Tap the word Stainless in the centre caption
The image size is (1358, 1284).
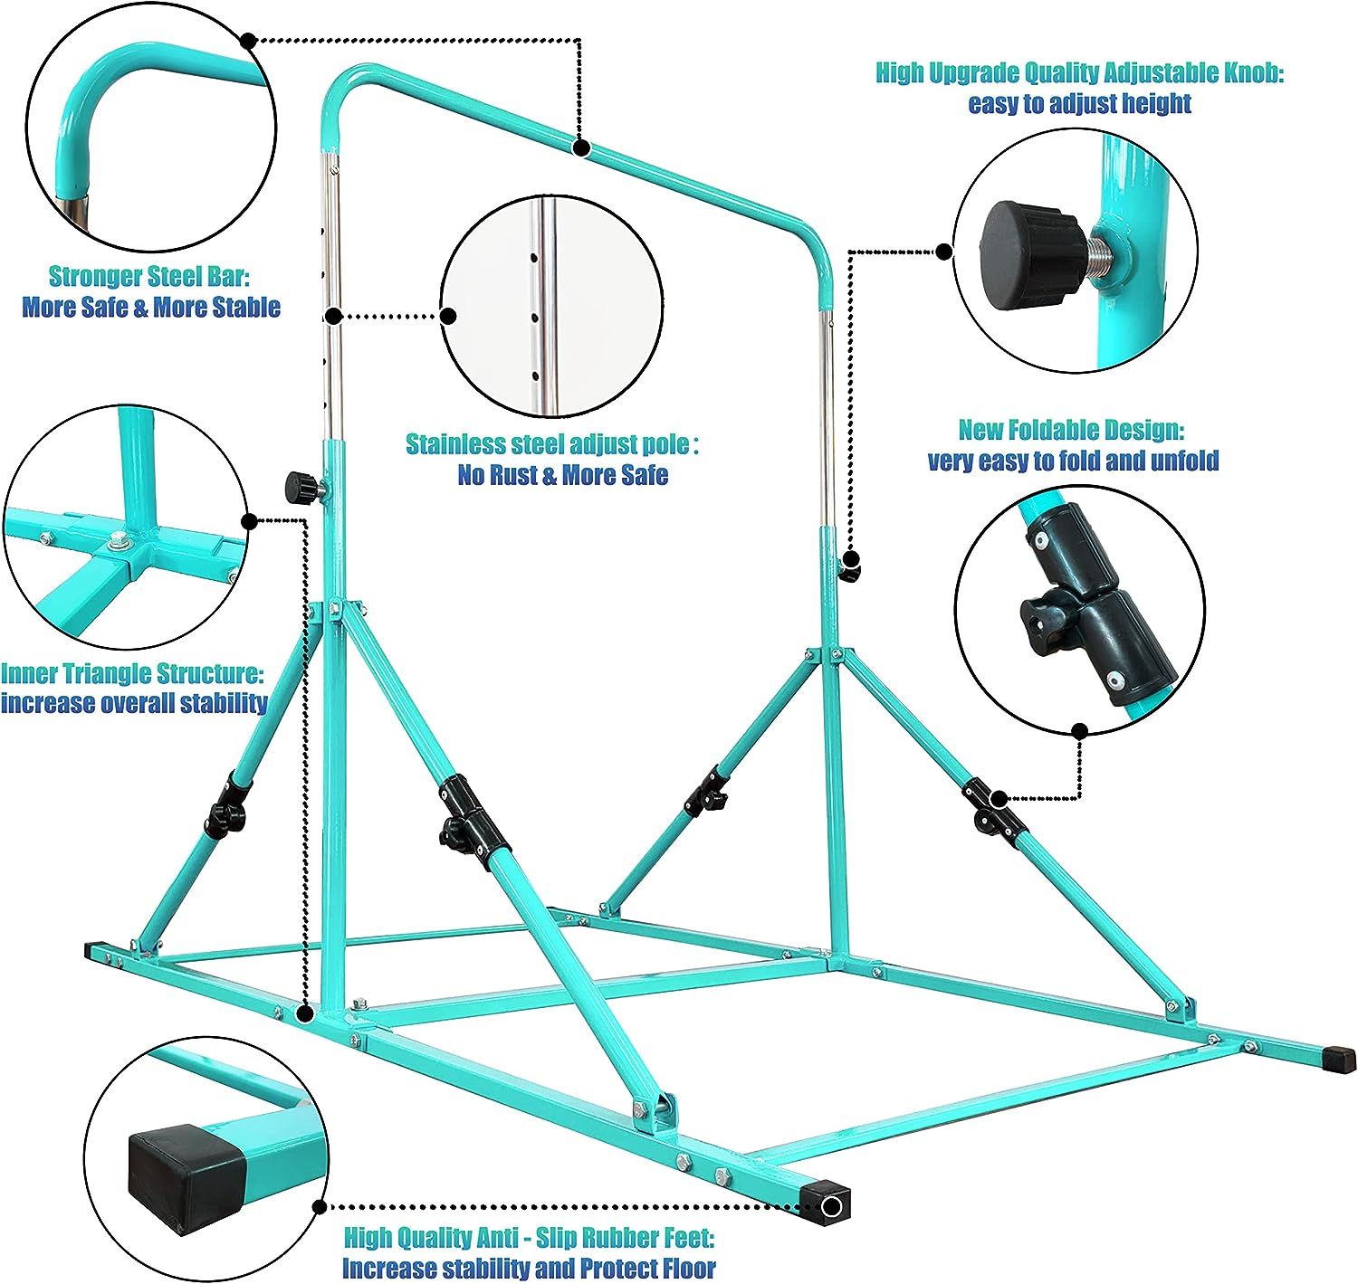[454, 444]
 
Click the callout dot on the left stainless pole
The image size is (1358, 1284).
[333, 316]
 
